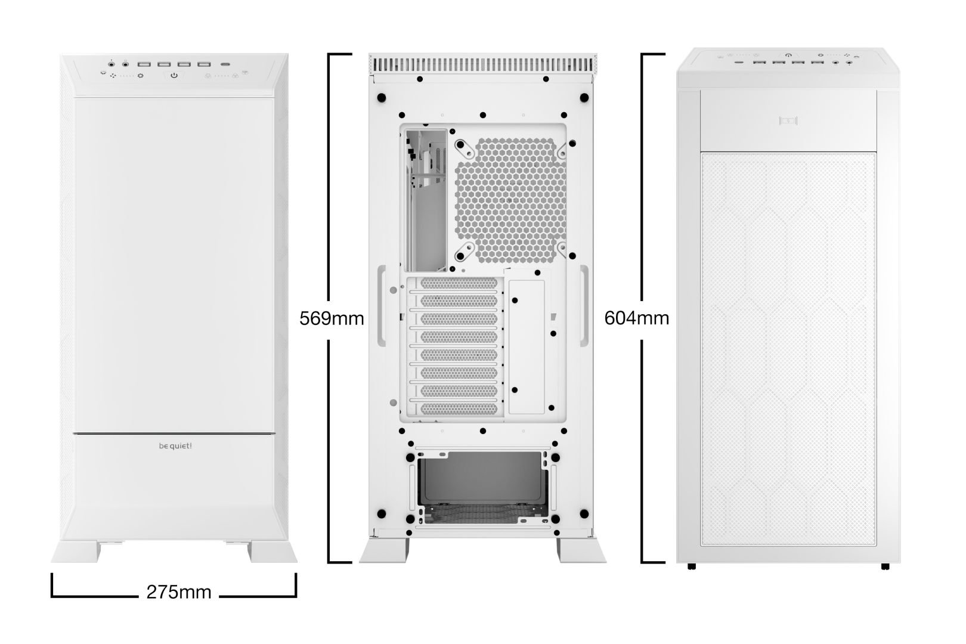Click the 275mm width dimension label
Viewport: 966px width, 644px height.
[179, 592]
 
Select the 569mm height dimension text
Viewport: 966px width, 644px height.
[332, 318]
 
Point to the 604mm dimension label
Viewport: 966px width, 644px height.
[636, 318]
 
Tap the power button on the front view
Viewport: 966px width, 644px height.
[174, 76]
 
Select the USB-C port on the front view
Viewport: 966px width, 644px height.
[226, 64]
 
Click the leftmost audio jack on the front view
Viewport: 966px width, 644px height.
[112, 63]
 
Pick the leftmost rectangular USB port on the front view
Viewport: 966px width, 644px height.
[144, 64]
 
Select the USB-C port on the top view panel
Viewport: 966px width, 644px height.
[739, 62]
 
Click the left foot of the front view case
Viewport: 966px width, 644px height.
[76, 551]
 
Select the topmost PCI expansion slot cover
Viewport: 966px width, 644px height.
[459, 283]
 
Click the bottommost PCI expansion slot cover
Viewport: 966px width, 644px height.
[459, 408]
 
